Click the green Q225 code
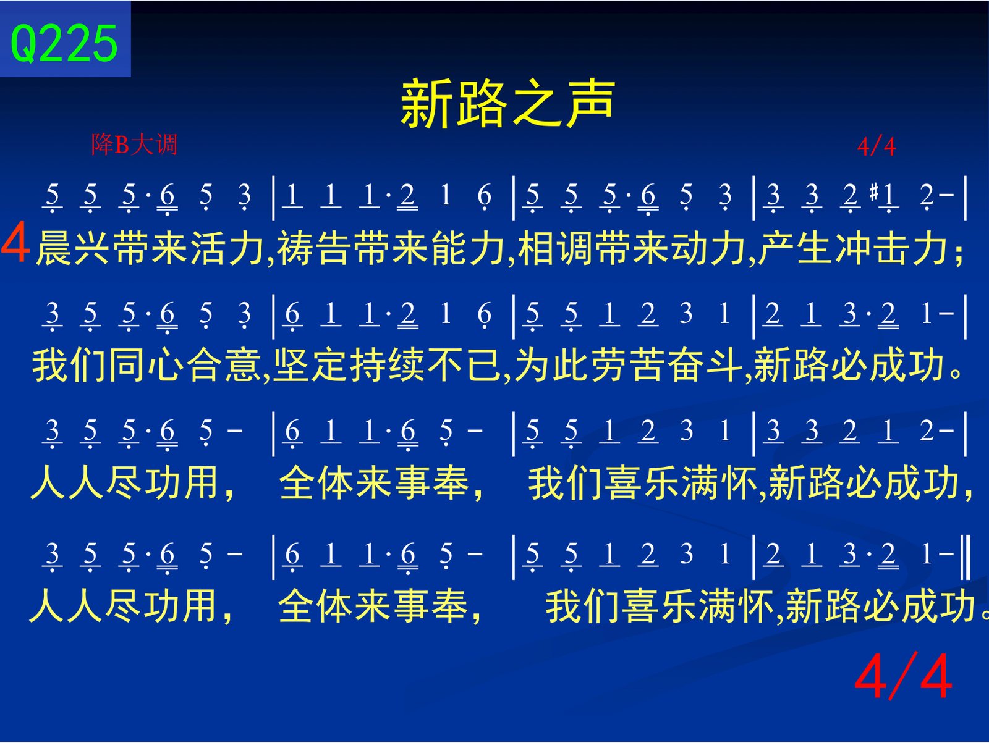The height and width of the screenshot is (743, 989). (x=64, y=43)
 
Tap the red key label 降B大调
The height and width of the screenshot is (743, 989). (x=134, y=145)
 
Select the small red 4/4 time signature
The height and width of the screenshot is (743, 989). (x=877, y=147)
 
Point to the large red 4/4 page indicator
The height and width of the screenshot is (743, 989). (x=903, y=676)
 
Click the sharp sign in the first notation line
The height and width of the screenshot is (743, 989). (x=874, y=193)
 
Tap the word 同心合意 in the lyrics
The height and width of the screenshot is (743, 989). (x=185, y=365)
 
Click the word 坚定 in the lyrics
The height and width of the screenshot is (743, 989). (x=311, y=365)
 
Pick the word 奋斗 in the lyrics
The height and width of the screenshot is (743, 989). (x=705, y=365)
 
